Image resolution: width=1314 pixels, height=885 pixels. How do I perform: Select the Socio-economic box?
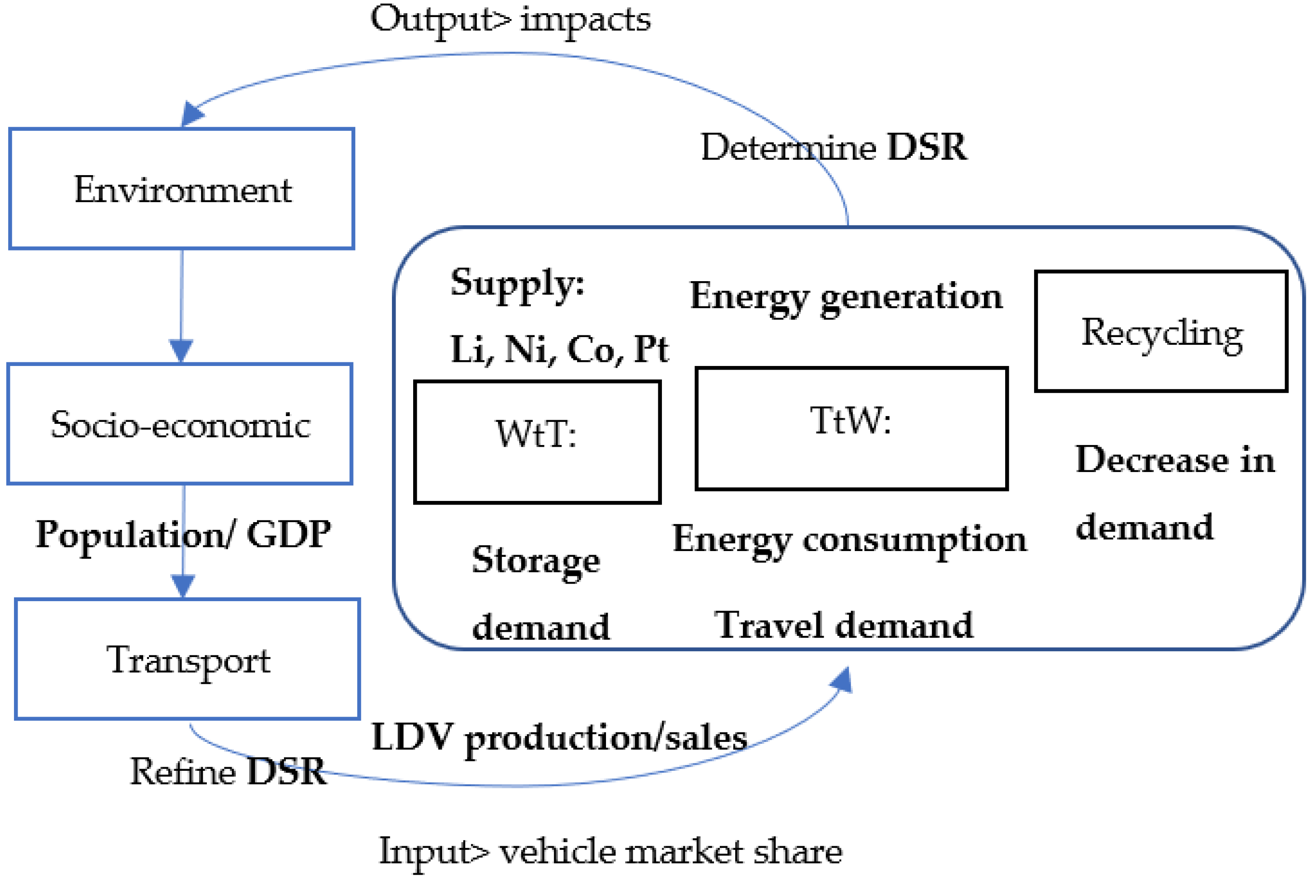(180, 424)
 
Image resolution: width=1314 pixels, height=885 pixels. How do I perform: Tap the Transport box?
(187, 658)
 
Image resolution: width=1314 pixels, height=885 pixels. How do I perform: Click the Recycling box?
(1161, 331)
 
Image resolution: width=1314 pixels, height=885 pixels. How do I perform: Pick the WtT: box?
(536, 442)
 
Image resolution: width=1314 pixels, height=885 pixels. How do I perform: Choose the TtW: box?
(851, 428)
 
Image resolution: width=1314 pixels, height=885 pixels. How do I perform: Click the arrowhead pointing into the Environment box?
(191, 114)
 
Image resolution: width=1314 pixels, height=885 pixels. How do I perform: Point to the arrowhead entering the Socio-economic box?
(181, 350)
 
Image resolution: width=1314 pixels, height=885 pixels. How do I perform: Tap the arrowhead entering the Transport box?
(182, 585)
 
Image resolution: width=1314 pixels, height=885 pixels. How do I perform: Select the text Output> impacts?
(510, 20)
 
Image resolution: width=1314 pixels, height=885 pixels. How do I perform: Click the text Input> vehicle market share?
(610, 852)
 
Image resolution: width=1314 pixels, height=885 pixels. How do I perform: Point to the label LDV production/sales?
(559, 738)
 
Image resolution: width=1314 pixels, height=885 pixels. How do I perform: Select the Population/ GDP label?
(183, 534)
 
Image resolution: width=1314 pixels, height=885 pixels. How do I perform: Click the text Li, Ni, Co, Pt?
(559, 349)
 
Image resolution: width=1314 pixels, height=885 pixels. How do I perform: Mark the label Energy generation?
(845, 297)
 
